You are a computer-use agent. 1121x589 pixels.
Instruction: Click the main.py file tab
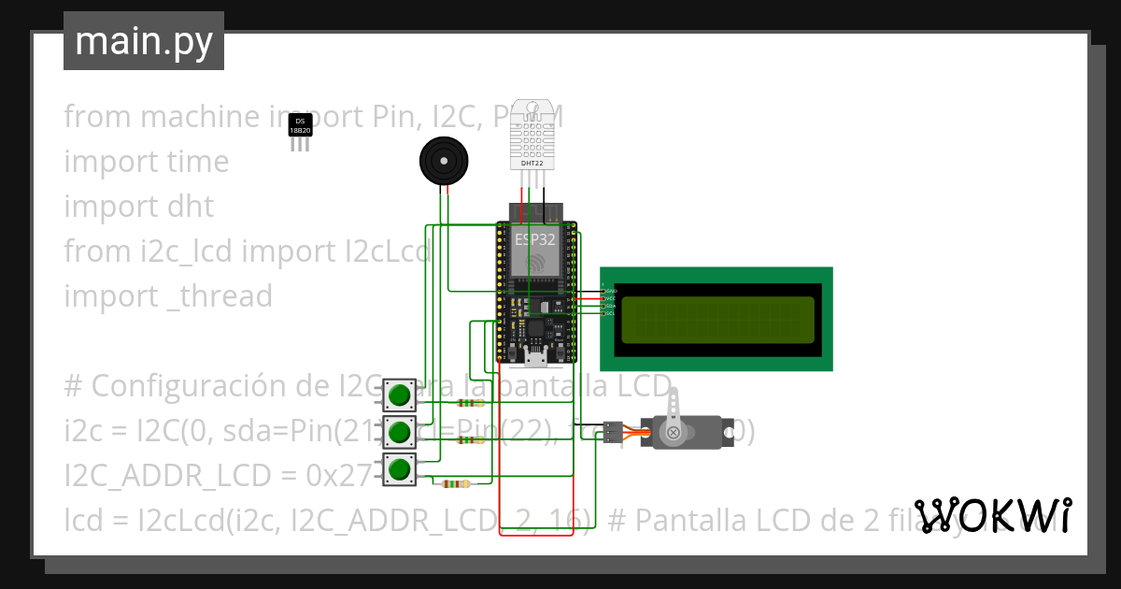pyautogui.click(x=143, y=41)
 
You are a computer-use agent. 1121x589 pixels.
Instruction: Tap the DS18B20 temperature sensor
pyautogui.click(x=300, y=127)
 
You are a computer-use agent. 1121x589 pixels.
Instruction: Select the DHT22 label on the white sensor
pyautogui.click(x=532, y=163)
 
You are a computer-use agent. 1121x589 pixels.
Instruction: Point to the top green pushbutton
pyautogui.click(x=400, y=395)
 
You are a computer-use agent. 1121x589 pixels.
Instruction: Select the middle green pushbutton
pyautogui.click(x=400, y=432)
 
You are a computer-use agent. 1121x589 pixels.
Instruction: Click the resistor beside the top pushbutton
pyautogui.click(x=468, y=404)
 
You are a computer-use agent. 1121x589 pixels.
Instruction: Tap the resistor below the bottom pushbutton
pyautogui.click(x=455, y=483)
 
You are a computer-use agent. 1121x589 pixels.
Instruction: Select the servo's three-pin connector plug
pyautogui.click(x=612, y=432)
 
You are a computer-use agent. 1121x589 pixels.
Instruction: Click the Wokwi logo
pyautogui.click(x=992, y=516)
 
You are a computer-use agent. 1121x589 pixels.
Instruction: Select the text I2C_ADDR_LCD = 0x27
pyautogui.click(x=218, y=476)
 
